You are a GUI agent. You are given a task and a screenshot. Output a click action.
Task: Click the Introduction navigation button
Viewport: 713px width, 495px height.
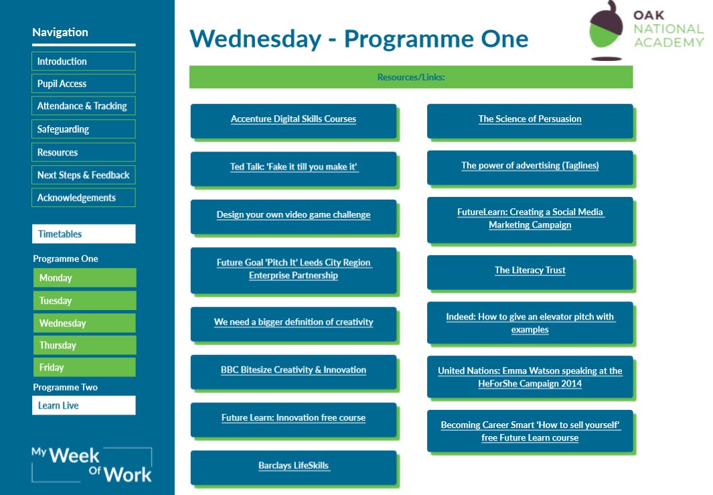pyautogui.click(x=83, y=62)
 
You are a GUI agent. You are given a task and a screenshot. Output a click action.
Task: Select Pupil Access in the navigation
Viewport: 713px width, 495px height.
pyautogui.click(x=83, y=84)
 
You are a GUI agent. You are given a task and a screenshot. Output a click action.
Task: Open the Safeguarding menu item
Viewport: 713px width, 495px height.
pyautogui.click(x=83, y=129)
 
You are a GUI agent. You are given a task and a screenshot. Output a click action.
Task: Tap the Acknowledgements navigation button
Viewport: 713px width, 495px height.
pyautogui.click(x=83, y=198)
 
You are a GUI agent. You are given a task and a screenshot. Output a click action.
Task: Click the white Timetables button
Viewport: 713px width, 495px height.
pyautogui.click(x=83, y=234)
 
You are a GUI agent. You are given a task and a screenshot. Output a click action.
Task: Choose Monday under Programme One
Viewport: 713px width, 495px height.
pyautogui.click(x=84, y=278)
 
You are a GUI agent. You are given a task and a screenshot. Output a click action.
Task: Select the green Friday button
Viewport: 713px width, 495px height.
pyautogui.click(x=84, y=367)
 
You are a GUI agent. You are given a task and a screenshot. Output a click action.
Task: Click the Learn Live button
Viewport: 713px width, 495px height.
pyautogui.click(x=83, y=405)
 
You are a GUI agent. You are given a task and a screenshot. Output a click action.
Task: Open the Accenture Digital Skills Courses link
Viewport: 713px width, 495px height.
pyautogui.click(x=293, y=119)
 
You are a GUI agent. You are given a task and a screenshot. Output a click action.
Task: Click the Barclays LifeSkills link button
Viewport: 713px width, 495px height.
pyautogui.click(x=293, y=466)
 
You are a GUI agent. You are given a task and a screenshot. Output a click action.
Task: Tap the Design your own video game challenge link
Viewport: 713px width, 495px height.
pyautogui.click(x=293, y=215)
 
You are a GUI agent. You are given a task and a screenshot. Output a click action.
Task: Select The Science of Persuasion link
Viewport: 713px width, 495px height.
pyautogui.click(x=530, y=119)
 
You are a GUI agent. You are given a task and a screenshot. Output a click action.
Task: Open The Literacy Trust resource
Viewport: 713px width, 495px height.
pyautogui.click(x=530, y=271)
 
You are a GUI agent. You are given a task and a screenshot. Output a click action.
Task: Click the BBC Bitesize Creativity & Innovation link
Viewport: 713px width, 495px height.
pyautogui.click(x=293, y=370)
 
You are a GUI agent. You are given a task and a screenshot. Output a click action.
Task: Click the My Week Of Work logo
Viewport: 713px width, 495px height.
pyautogui.click(x=92, y=465)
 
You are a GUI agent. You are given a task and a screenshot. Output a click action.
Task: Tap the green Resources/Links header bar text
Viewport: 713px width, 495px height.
pyautogui.click(x=411, y=77)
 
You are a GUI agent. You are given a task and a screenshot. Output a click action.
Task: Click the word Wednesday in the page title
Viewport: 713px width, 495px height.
pyautogui.click(x=255, y=39)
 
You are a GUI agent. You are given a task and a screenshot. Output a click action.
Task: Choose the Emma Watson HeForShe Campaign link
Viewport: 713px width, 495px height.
pyautogui.click(x=530, y=377)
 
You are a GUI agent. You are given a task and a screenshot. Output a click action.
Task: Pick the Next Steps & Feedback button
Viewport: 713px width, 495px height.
pyautogui.click(x=83, y=175)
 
